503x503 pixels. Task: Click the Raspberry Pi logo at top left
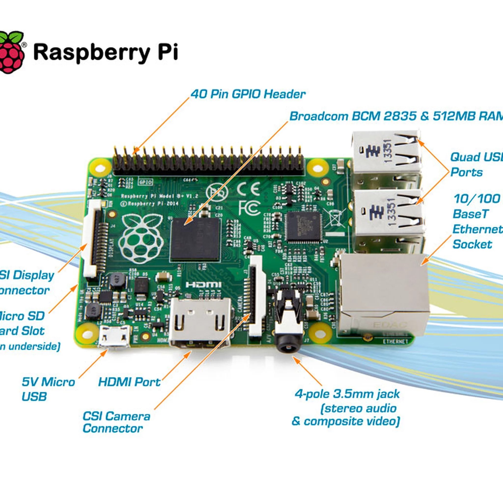click(11, 52)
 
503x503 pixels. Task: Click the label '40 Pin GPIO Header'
click(248, 94)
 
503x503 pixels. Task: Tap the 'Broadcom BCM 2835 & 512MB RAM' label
click(396, 116)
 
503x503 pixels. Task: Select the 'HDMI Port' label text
click(129, 382)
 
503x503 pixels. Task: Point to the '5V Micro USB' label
click(48, 389)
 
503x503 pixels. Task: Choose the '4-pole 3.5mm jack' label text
click(347, 394)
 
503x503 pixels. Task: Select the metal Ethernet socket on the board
click(383, 294)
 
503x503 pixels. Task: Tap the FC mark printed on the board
click(249, 208)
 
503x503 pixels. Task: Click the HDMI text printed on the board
click(203, 285)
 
